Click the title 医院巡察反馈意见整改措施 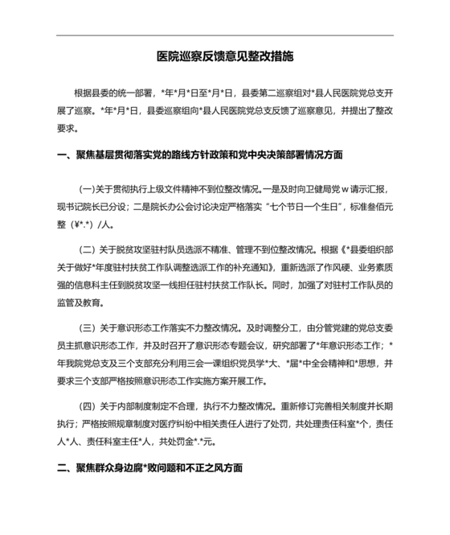[225, 58]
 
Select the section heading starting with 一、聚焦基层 [200, 154]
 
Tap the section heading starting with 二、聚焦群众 [149, 467]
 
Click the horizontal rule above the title [225, 35]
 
